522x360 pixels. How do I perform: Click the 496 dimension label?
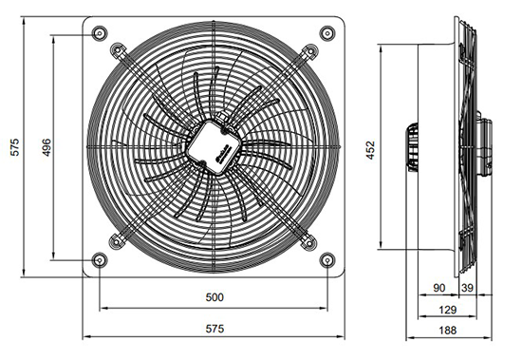click(x=47, y=147)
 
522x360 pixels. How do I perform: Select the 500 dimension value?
click(x=214, y=297)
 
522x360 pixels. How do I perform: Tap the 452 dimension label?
click(x=370, y=150)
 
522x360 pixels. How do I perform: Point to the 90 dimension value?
click(x=438, y=288)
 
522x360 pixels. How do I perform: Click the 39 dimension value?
click(x=467, y=288)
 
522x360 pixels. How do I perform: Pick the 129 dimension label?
click(x=447, y=310)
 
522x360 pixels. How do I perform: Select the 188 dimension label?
click(x=447, y=331)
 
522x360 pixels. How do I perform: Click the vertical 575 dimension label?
click(x=15, y=147)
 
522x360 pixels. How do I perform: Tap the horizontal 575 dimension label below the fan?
click(x=214, y=329)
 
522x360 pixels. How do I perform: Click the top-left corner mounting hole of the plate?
click(x=100, y=33)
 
